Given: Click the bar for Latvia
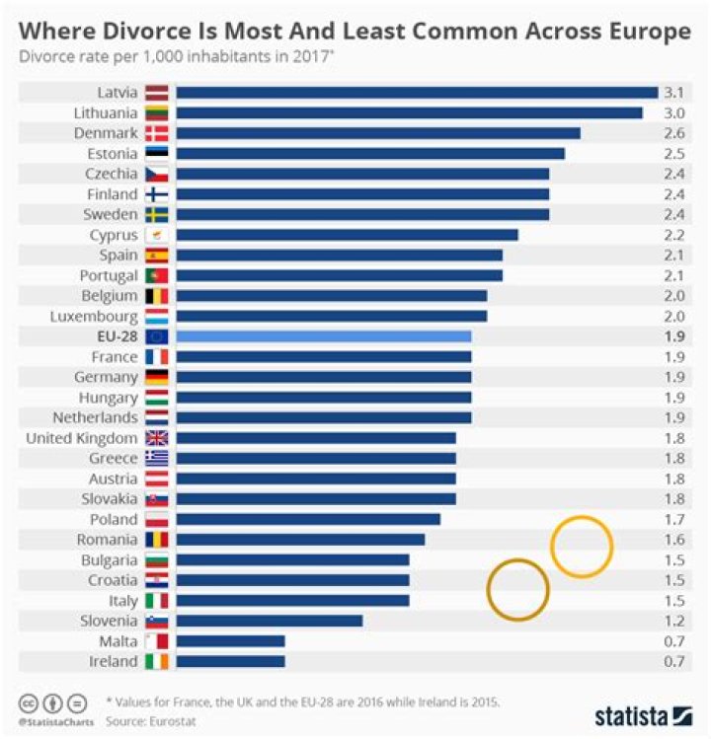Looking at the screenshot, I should [416, 93].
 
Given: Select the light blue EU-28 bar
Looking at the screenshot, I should [323, 336].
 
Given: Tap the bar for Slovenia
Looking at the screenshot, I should [269, 621].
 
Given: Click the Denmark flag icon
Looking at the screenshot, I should [157, 133].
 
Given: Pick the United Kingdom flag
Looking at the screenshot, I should [157, 438].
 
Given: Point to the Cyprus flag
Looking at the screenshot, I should [157, 235].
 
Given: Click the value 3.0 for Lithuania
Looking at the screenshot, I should [675, 112].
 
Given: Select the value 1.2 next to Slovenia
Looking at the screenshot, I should [675, 621].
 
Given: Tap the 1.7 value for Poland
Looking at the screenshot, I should [675, 519].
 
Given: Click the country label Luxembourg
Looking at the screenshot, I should [95, 316].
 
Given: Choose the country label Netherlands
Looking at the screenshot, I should [95, 417].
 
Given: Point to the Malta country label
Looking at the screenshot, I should [117, 641].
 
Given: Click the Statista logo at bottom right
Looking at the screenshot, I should [643, 715].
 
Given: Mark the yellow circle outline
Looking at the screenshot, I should [582, 546].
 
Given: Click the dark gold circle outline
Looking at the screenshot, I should [517, 589].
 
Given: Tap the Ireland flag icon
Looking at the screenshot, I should [157, 661].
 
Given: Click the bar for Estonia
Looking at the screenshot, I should [369, 153].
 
